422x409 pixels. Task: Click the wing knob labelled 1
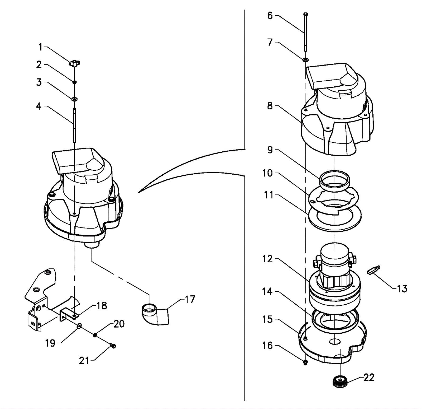tap(74, 63)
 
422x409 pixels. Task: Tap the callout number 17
tap(190, 299)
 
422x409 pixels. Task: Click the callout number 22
tap(368, 378)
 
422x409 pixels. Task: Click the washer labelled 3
tap(74, 99)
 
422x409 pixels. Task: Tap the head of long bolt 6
tap(305, 14)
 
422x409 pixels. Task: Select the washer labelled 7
tap(305, 60)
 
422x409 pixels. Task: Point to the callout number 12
tap(267, 259)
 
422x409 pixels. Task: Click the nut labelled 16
tap(305, 362)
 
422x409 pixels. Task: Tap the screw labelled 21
tap(113, 345)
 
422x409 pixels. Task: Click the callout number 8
tap(270, 106)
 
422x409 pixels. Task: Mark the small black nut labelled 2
tap(75, 82)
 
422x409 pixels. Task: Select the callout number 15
tap(267, 319)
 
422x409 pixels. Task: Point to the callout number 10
tap(267, 173)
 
